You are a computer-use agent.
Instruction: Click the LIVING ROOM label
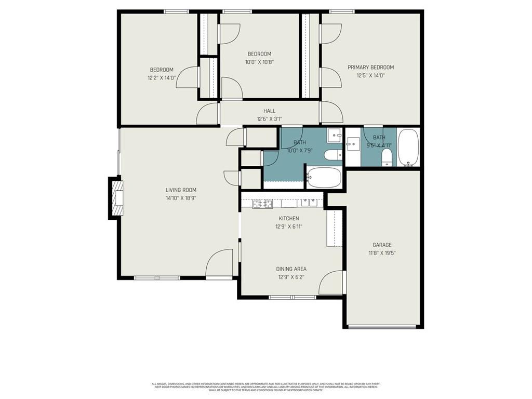(x=181, y=190)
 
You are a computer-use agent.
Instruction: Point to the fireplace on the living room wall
(x=117, y=197)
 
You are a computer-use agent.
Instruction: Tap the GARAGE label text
(x=382, y=245)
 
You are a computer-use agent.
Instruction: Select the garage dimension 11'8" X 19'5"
(x=382, y=253)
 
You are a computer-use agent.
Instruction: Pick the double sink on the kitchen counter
(x=311, y=203)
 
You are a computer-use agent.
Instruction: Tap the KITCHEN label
(x=289, y=219)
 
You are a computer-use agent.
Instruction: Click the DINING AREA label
(x=291, y=269)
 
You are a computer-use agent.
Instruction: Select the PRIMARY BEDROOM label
(x=370, y=68)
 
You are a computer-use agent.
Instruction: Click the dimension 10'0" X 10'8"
(x=259, y=62)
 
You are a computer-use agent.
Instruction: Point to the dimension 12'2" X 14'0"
(x=162, y=78)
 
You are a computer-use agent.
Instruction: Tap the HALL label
(x=269, y=111)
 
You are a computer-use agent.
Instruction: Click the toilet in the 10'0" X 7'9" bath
(x=332, y=155)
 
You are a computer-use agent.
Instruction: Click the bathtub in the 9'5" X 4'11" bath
(x=408, y=148)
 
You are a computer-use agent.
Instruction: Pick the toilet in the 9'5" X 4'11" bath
(x=387, y=157)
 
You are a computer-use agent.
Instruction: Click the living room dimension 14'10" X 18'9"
(x=181, y=198)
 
